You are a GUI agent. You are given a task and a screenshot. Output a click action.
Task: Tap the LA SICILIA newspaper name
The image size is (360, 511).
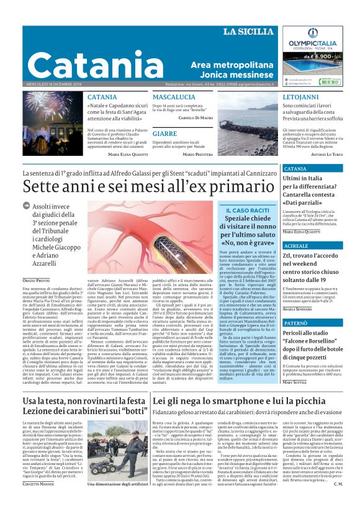[248, 32]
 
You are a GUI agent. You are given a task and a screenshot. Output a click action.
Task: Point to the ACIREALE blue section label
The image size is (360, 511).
[295, 246]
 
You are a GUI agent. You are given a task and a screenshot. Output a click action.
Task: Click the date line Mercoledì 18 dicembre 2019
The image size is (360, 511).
[53, 83]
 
